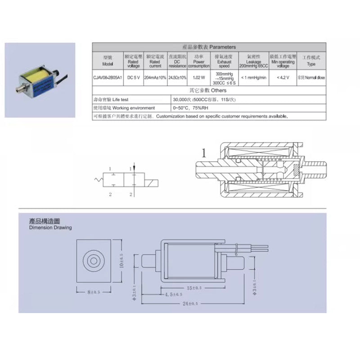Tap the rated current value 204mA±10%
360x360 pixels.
[x=155, y=77]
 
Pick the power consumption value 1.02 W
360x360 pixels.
[x=198, y=77]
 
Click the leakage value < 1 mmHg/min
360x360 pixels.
[x=253, y=77]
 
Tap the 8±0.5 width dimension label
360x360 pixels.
[x=94, y=292]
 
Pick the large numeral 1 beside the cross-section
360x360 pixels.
[x=203, y=153]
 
